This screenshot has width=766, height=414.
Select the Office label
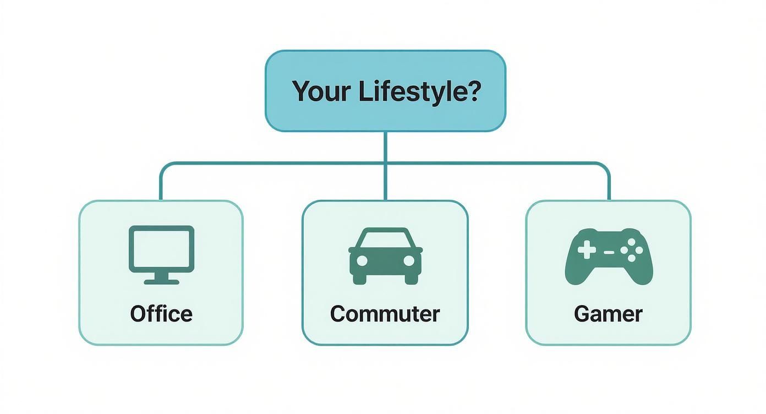tap(161, 314)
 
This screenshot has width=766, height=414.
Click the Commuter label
tap(385, 314)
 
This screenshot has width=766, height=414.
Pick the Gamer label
tap(608, 314)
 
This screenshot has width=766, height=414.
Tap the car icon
tap(385, 255)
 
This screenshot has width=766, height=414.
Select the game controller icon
tap(609, 257)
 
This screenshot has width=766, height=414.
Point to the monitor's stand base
tap(161, 281)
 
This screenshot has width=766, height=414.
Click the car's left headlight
tap(362, 260)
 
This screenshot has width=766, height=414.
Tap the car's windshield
tap(385, 240)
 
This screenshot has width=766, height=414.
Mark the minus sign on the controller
tap(609, 252)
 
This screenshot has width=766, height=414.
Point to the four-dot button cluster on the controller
tap(631, 252)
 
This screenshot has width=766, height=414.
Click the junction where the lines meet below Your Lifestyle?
tap(385, 164)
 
